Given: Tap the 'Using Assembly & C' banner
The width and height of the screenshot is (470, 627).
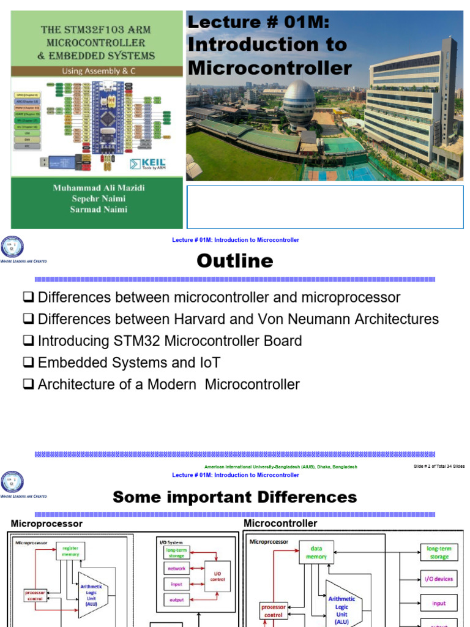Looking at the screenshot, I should (97, 71).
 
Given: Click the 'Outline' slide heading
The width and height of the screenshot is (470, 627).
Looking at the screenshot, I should (235, 261).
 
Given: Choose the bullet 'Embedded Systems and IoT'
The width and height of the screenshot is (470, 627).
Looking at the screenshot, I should (129, 362).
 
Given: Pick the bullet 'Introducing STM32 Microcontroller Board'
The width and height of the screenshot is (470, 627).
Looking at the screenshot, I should (170, 340).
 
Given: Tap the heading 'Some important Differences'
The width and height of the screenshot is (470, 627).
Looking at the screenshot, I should (235, 497).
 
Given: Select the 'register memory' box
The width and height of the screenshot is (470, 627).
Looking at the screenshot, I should (70, 551).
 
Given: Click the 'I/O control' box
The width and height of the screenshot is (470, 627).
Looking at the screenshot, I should (218, 576).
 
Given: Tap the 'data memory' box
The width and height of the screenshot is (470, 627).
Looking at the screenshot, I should (316, 553).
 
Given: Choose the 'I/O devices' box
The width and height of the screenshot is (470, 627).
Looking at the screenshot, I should (439, 579).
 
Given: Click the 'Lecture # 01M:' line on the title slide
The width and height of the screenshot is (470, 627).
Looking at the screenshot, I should (258, 23).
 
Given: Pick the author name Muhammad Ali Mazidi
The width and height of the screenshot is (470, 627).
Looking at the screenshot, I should (97, 188).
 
